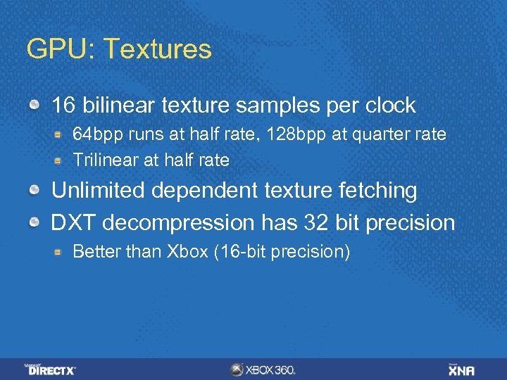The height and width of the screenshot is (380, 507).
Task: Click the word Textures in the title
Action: tap(167, 49)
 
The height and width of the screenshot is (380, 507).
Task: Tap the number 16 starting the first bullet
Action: tap(63, 106)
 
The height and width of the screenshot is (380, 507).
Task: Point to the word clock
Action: tap(390, 106)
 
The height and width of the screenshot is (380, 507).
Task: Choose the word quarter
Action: tap(380, 134)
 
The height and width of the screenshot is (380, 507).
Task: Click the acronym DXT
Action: tap(72, 223)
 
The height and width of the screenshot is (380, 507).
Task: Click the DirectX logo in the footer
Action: tap(51, 369)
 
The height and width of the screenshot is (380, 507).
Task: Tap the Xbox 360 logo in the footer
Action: tap(263, 369)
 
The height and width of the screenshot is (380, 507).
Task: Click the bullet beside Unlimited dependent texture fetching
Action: tap(34, 191)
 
